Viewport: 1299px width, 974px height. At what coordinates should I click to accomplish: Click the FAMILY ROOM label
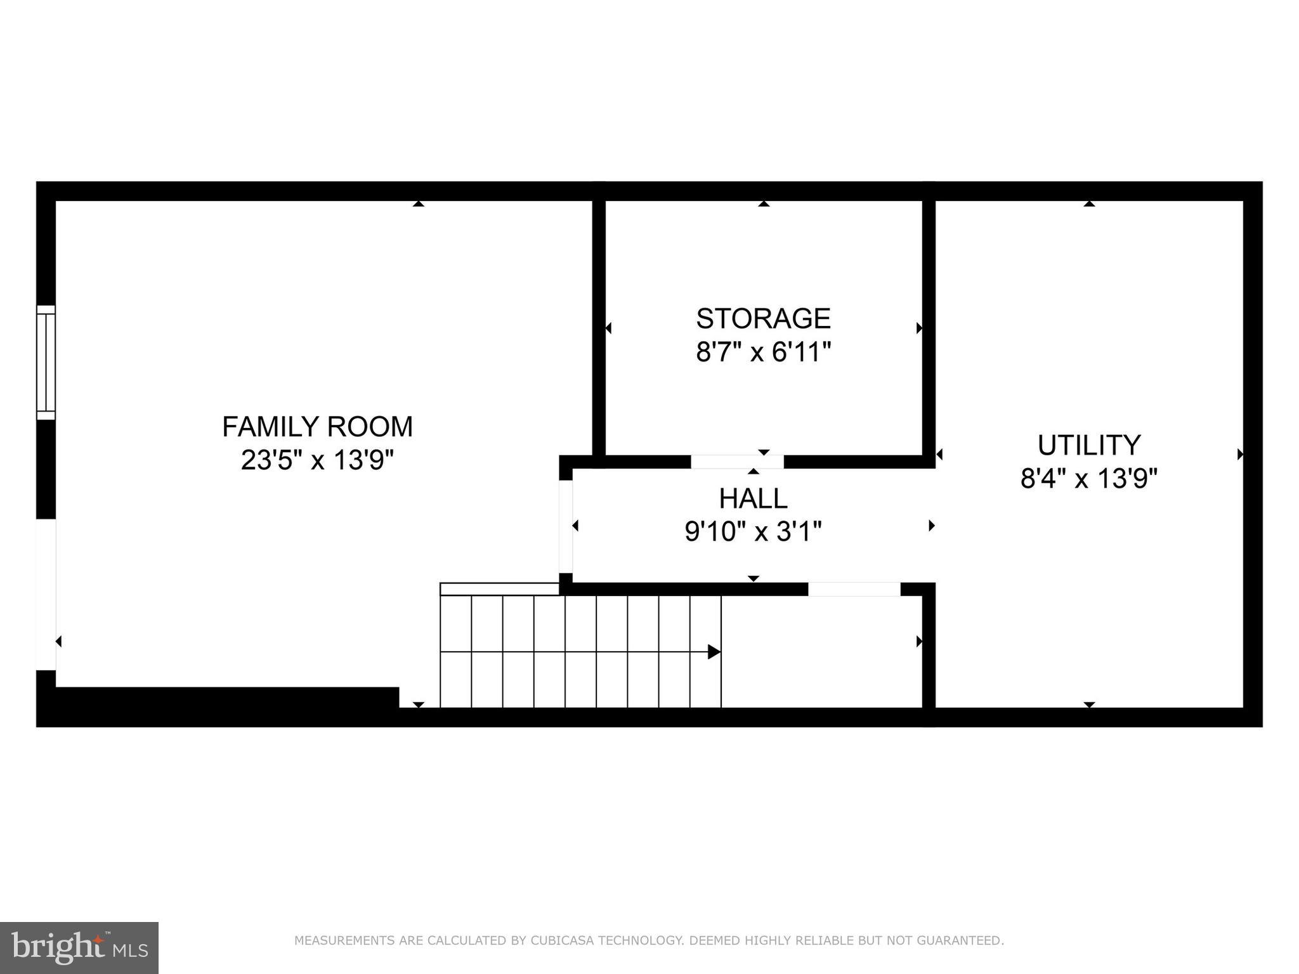[x=317, y=427]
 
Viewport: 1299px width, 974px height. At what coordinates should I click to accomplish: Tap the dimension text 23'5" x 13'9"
[x=317, y=460]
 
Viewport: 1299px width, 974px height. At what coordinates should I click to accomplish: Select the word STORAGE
[x=763, y=318]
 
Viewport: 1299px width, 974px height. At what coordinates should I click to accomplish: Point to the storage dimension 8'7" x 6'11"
[x=763, y=352]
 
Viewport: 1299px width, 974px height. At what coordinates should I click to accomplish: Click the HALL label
[x=753, y=498]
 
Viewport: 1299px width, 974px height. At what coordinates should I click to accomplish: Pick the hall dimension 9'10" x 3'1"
[x=753, y=531]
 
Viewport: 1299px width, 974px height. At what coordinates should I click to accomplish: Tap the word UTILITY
[x=1088, y=445]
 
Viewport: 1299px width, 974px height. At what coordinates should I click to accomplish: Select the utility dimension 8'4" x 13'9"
[x=1088, y=479]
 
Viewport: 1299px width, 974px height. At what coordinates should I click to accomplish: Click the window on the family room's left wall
[x=46, y=362]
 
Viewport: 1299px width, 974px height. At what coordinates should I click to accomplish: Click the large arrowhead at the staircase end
[x=714, y=652]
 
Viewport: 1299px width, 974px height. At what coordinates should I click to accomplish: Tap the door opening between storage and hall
[x=737, y=462]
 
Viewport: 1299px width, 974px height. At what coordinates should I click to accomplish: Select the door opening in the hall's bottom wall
[x=854, y=589]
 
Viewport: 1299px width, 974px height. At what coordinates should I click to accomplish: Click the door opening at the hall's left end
[x=566, y=526]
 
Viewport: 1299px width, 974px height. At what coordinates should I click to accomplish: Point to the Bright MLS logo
[x=79, y=947]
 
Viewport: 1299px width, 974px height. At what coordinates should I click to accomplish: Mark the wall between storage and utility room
[x=929, y=327]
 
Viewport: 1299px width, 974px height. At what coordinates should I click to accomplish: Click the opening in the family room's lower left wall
[x=46, y=594]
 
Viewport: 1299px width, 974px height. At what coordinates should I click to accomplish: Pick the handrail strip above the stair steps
[x=499, y=589]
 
